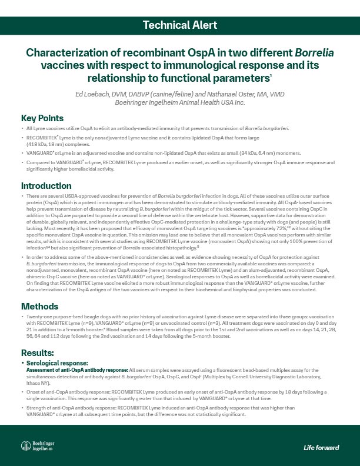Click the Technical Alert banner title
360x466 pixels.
180,25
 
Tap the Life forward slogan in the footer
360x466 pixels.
321,448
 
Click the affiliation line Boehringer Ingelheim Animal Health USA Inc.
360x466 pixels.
180,102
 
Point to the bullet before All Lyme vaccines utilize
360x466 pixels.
23,128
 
